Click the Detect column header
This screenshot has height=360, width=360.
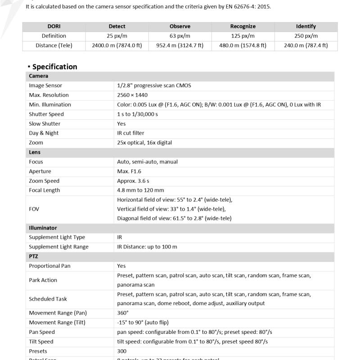click(x=117, y=27)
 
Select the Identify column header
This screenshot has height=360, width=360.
click(x=306, y=27)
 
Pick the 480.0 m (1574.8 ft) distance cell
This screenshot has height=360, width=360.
click(x=243, y=45)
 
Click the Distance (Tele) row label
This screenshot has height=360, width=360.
click(x=54, y=45)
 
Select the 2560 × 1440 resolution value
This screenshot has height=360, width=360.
click(x=132, y=95)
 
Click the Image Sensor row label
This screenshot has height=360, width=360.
click(x=45, y=85)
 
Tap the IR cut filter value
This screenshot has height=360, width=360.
click(x=131, y=133)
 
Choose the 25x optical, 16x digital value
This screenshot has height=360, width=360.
click(x=144, y=143)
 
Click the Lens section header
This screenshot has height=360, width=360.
click(x=35, y=152)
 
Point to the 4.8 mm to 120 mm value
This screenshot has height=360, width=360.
click(x=140, y=190)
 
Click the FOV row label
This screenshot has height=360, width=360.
click(x=35, y=209)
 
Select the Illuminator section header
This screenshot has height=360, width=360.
click(x=43, y=228)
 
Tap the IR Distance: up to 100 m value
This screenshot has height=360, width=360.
click(x=147, y=247)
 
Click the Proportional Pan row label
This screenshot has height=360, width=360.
click(x=49, y=266)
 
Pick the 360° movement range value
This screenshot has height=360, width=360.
click(x=123, y=313)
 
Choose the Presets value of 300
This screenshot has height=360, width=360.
click(x=121, y=351)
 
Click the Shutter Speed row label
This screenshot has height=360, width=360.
click(x=46, y=114)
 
